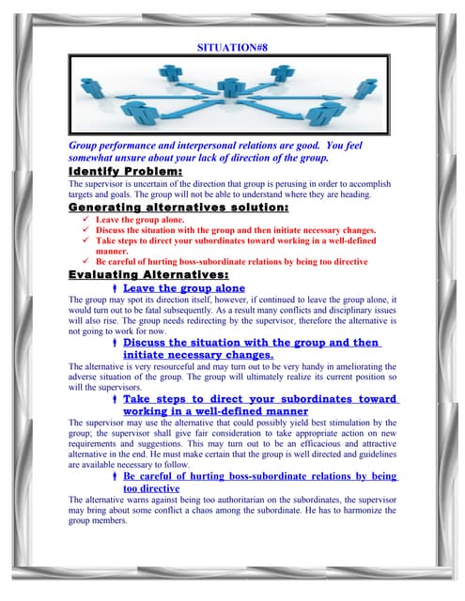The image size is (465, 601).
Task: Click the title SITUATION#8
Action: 232,45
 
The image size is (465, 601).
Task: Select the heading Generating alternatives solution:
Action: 178,208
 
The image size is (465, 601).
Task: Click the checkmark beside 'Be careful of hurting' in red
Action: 85,261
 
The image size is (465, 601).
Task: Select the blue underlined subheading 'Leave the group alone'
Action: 183,288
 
